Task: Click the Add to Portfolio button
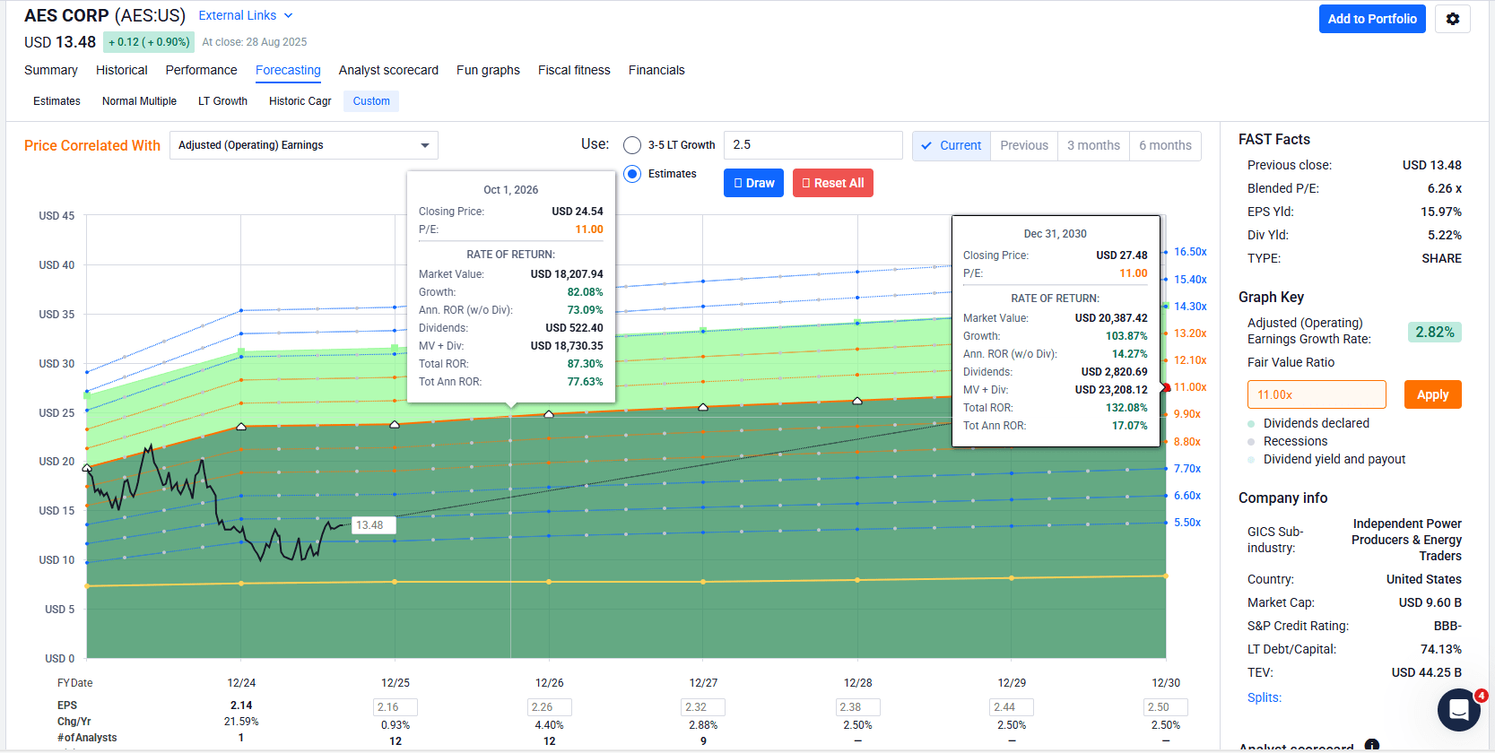click(1371, 19)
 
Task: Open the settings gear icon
click(1452, 19)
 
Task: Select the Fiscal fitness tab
click(574, 70)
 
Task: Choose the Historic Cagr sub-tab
click(300, 101)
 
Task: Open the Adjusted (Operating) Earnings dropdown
click(303, 145)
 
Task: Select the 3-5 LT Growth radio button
click(633, 145)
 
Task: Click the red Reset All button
click(832, 183)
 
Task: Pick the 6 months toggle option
click(1165, 145)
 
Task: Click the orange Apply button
click(1432, 394)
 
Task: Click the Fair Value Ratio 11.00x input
click(1316, 394)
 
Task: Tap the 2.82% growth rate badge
click(1434, 332)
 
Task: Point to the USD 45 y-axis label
click(56, 216)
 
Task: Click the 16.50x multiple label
click(1190, 252)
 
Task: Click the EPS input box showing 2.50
click(1166, 707)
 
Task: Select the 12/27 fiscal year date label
click(703, 683)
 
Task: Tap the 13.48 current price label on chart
click(370, 525)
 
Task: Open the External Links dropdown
click(245, 15)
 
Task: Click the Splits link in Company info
click(1265, 697)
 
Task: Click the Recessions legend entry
click(1295, 441)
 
